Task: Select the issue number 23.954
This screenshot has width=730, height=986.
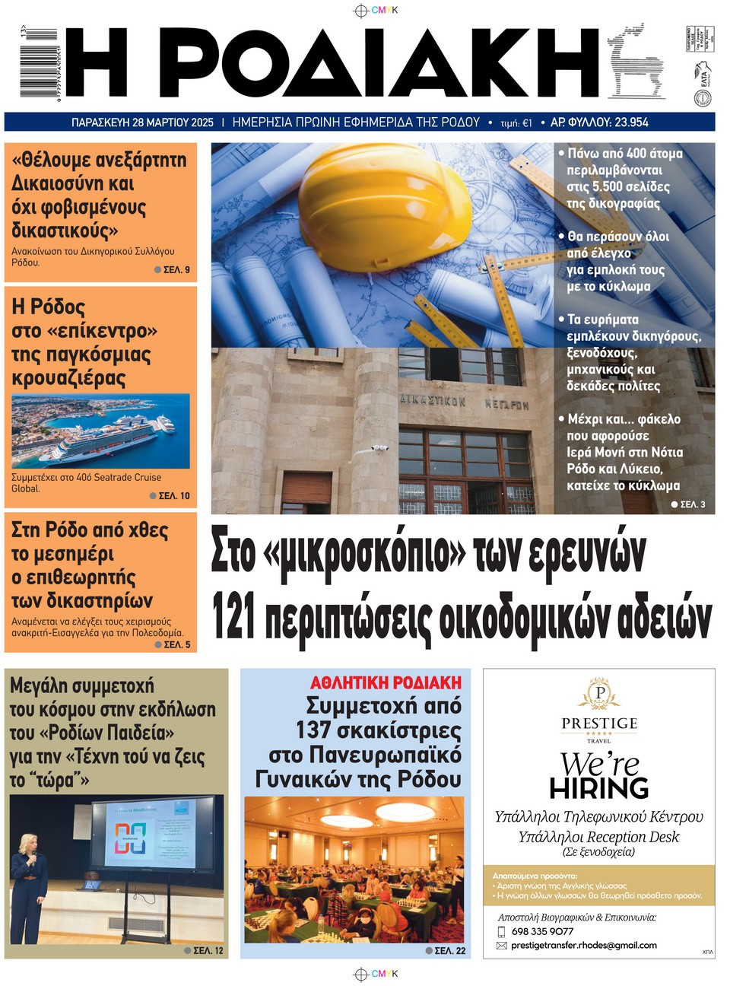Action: (620, 122)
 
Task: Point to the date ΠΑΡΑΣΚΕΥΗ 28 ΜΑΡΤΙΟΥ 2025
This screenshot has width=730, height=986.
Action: (142, 122)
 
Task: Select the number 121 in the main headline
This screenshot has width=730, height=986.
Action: (233, 619)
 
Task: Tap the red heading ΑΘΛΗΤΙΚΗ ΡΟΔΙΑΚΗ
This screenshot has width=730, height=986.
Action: (386, 682)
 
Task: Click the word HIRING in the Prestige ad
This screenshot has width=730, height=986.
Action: (598, 788)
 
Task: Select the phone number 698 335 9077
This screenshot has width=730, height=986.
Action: (542, 931)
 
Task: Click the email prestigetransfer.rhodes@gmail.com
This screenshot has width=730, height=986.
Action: (583, 945)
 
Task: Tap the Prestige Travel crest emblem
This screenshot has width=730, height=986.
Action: (599, 694)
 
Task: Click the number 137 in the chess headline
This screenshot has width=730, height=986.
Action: (313, 730)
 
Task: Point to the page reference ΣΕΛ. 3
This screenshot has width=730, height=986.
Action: (692, 504)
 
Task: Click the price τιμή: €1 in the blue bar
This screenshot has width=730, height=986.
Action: (516, 122)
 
